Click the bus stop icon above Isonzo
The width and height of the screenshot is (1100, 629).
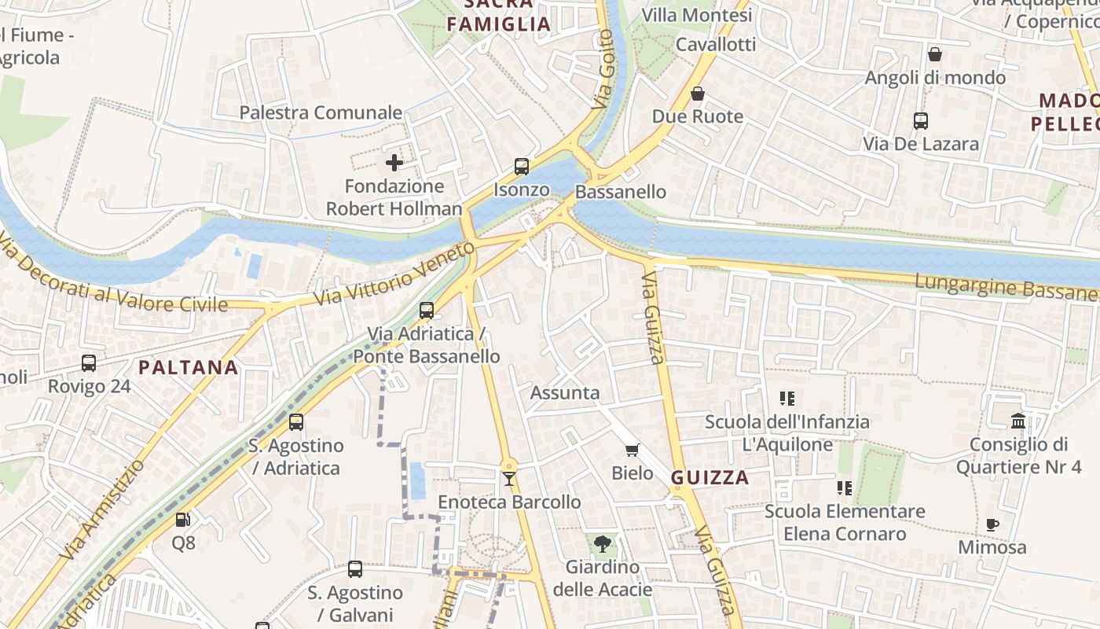tap(522, 167)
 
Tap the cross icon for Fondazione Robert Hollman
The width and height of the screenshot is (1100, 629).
tap(394, 163)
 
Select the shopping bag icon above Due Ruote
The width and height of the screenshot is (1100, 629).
tap(698, 94)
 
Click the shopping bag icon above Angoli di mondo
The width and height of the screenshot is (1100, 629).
tap(935, 54)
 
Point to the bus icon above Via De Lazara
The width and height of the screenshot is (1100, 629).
tap(921, 121)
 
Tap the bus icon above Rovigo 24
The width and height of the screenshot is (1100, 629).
tap(89, 363)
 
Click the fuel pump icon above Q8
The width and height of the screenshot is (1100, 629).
tap(182, 519)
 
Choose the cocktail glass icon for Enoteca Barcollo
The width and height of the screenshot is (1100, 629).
tap(509, 478)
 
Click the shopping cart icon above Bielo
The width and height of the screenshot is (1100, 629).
tap(632, 450)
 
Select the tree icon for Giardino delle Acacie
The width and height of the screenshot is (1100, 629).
tap(603, 543)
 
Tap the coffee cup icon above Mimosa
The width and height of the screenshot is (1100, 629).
tap(992, 524)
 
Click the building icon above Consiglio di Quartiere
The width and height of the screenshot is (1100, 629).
tap(1019, 421)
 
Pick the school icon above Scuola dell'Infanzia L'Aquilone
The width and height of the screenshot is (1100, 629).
tap(787, 399)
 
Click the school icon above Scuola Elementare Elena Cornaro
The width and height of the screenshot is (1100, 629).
tap(845, 488)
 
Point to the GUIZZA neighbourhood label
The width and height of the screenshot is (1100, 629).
tap(710, 478)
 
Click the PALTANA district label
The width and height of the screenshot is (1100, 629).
tap(189, 367)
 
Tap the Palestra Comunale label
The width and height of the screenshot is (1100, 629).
tap(321, 112)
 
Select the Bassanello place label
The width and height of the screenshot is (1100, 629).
tap(621, 192)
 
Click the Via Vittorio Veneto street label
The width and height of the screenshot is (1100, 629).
tap(394, 275)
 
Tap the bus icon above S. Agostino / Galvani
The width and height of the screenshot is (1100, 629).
tap(355, 568)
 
